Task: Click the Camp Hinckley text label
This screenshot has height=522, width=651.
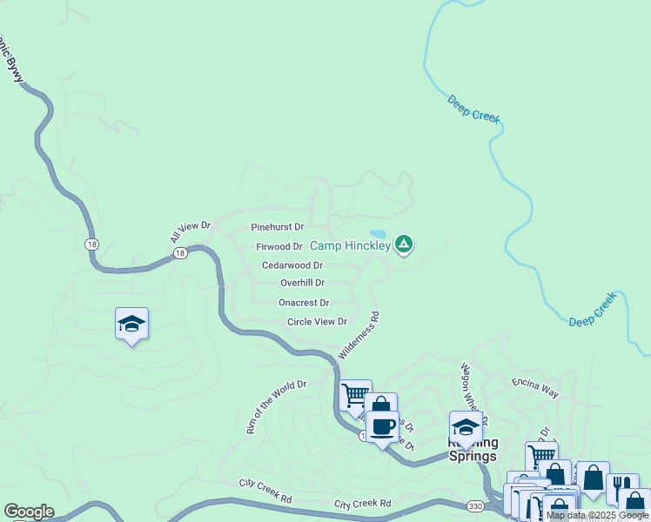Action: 351,246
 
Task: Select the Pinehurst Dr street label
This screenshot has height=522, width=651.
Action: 277,227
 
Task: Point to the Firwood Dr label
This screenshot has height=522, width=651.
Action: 279,247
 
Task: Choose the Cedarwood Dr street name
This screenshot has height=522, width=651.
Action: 292,265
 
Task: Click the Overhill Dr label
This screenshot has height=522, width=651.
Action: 302,283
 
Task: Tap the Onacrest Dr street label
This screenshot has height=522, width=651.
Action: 304,303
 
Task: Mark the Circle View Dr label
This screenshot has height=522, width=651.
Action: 318,322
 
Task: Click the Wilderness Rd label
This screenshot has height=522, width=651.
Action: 359,338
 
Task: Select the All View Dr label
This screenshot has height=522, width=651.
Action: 191,232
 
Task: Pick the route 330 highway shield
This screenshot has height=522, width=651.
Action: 475,505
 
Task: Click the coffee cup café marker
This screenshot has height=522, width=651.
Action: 382,426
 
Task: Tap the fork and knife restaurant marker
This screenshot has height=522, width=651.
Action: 622,485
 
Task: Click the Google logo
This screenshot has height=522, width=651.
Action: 29,512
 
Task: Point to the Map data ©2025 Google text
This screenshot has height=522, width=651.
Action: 597,516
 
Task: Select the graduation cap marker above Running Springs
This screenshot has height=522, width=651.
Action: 466,426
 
